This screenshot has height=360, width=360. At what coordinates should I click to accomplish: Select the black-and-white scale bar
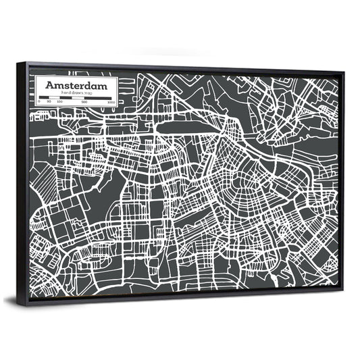(76, 98)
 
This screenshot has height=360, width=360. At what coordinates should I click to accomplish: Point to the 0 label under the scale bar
(40, 101)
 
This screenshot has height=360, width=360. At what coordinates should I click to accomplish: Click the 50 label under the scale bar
(49, 101)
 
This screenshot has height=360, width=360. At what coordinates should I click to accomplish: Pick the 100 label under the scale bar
(59, 102)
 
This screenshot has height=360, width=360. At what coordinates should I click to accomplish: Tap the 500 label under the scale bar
(84, 103)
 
